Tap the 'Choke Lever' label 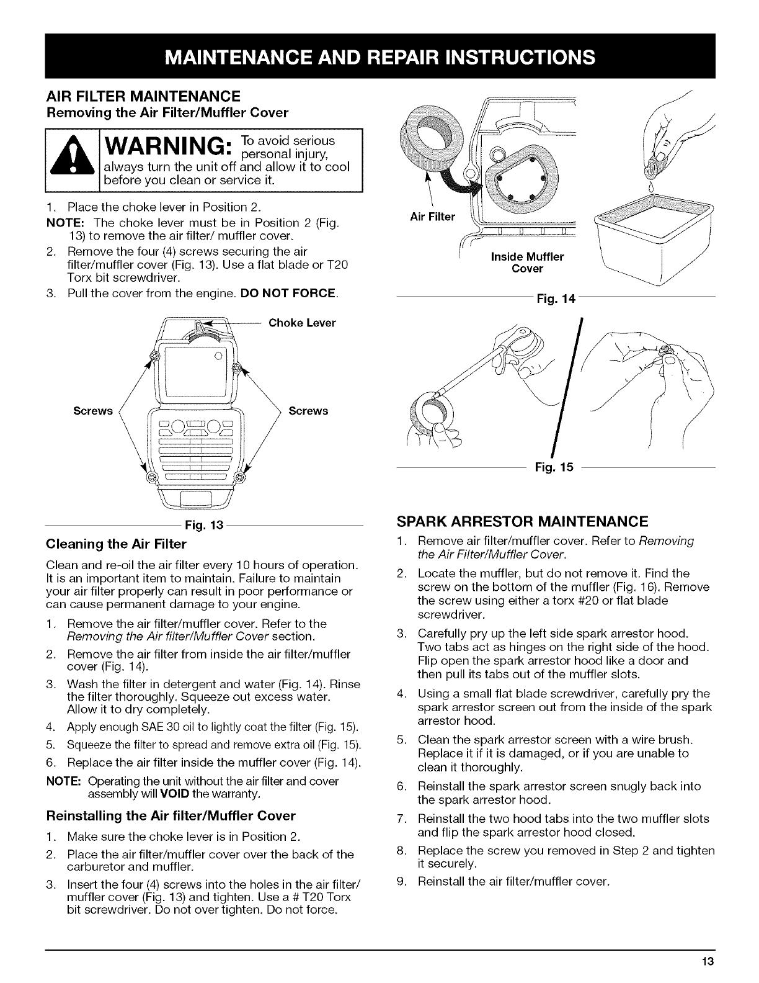(x=302, y=323)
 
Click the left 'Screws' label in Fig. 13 (x=93, y=411)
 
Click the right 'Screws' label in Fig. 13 (x=308, y=411)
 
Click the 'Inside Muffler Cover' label (x=527, y=263)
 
